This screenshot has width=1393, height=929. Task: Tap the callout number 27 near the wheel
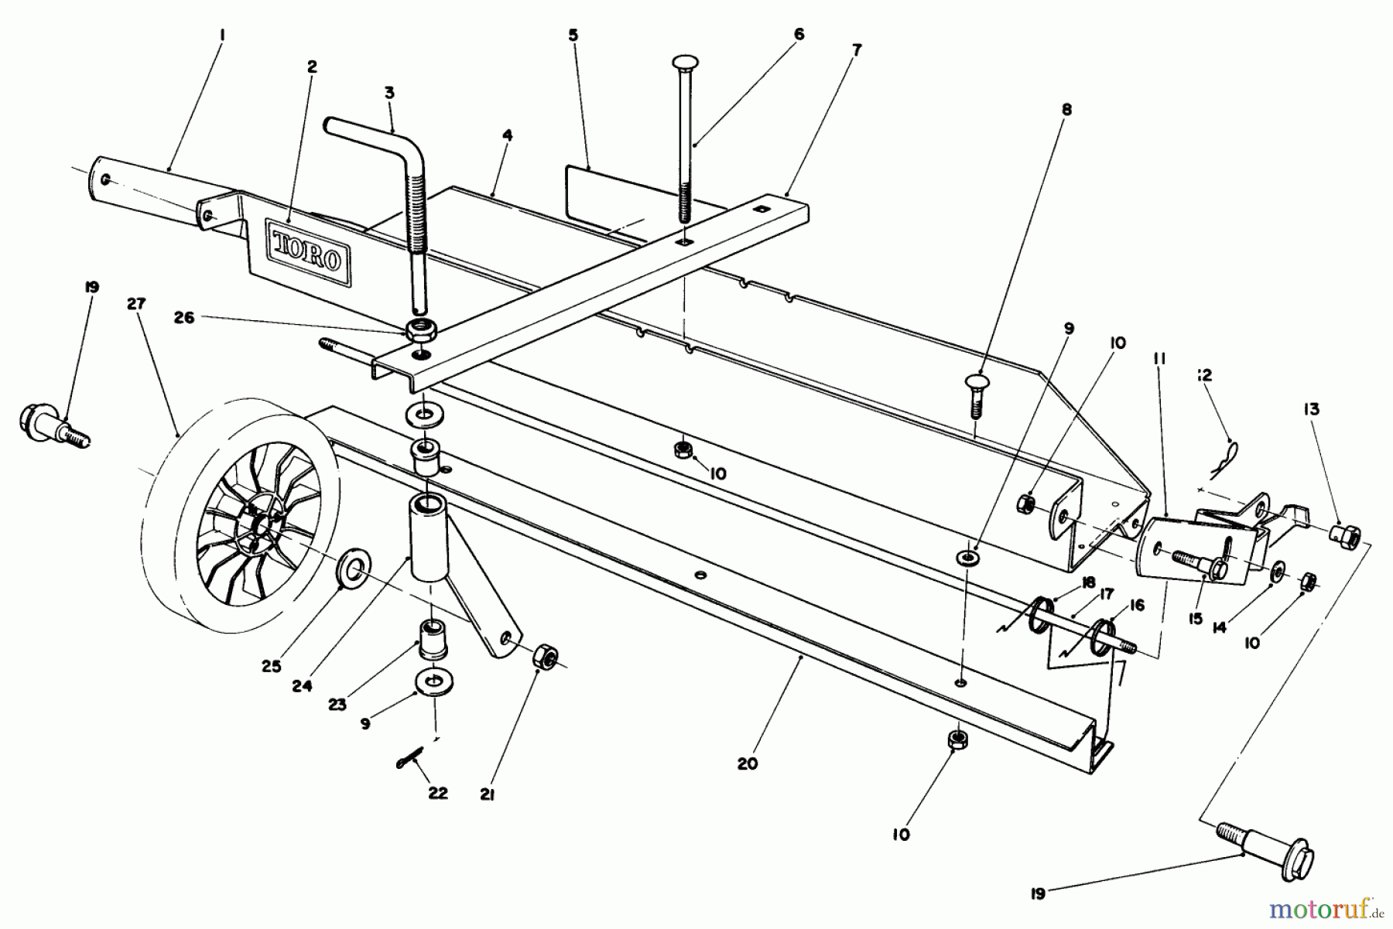pos(136,304)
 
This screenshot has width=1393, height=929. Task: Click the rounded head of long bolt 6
pos(686,63)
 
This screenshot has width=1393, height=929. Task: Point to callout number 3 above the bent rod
pos(388,93)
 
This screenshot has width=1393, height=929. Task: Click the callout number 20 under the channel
pos(747,764)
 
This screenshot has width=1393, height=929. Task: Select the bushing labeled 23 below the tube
pos(434,639)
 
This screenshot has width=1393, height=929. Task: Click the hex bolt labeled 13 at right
pos(1347,534)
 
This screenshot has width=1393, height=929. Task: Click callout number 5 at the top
pos(573,36)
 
